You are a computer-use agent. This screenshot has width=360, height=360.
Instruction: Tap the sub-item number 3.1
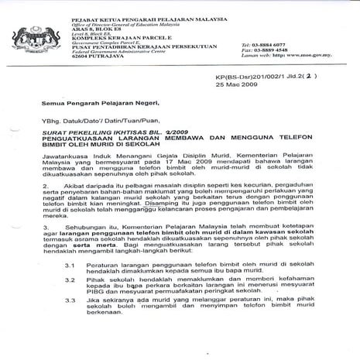tap(91, 286)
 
